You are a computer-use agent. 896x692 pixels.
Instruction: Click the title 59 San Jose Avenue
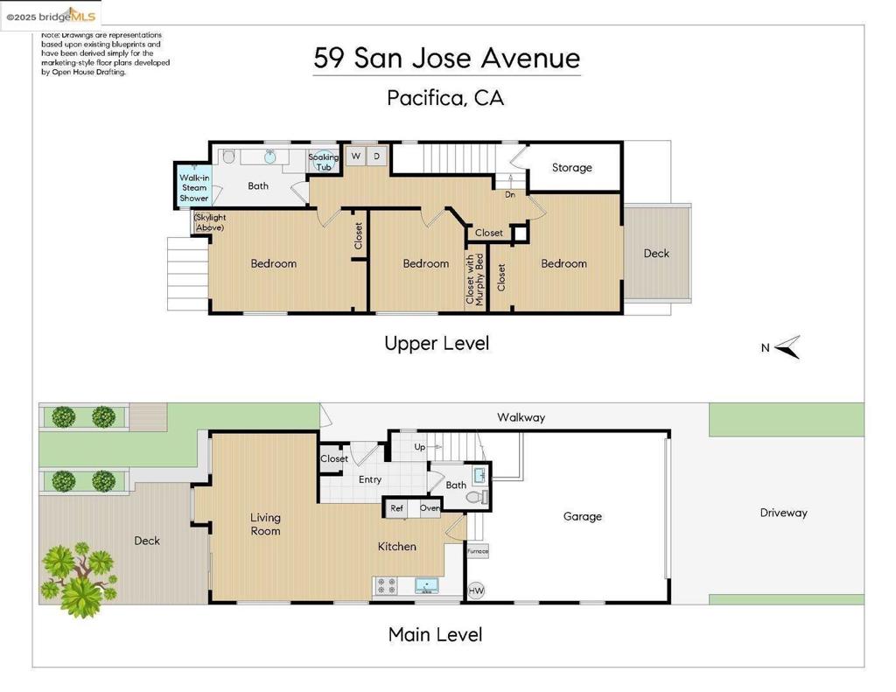[x=446, y=59]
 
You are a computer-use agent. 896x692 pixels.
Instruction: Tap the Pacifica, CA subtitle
[x=445, y=97]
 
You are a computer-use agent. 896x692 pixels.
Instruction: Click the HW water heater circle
[x=477, y=591]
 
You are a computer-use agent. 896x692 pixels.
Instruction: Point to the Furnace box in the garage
[x=477, y=551]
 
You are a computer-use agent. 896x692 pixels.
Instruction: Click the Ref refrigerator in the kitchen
[x=396, y=508]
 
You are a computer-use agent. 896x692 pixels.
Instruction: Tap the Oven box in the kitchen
[x=429, y=508]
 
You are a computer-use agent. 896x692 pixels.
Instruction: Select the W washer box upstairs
[x=355, y=156]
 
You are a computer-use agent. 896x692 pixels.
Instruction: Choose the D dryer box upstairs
[x=377, y=156]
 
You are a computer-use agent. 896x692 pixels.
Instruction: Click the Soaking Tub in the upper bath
[x=324, y=162]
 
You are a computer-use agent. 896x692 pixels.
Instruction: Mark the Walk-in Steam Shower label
[x=194, y=187]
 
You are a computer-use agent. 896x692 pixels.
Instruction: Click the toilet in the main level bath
[x=475, y=498]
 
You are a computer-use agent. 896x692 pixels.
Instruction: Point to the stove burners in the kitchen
[x=386, y=585]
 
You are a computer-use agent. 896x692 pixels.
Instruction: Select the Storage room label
[x=571, y=167]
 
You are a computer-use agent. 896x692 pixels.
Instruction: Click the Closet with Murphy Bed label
[x=474, y=280]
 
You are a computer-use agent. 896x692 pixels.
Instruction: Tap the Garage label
[x=582, y=516]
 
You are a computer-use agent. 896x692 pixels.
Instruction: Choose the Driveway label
[x=783, y=513]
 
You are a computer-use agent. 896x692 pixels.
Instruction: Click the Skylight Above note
[x=210, y=222]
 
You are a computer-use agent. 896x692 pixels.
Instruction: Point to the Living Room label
[x=265, y=524]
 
